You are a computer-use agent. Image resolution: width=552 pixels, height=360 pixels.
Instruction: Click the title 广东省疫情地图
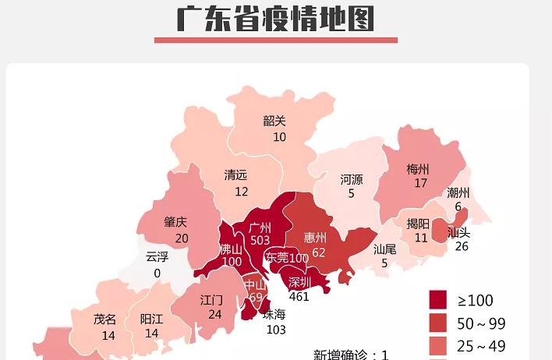[275, 18]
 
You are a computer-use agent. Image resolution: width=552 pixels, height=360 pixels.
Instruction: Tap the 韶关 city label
[274, 121]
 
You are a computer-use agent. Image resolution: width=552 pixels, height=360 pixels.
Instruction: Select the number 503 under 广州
[260, 241]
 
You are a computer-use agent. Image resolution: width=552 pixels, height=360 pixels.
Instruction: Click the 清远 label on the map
[235, 175]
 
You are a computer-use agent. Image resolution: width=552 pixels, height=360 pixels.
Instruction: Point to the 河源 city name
[352, 179]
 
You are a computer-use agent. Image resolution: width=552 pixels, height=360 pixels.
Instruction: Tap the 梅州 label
[418, 168]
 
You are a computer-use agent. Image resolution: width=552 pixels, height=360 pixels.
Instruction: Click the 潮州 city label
[458, 192]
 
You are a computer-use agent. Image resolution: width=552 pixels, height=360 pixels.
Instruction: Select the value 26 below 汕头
[462, 246]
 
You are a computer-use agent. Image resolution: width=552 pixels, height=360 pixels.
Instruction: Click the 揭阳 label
[418, 224]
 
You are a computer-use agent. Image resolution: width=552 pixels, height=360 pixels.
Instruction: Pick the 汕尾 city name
[384, 249]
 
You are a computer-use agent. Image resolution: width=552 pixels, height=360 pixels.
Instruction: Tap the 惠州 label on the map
[315, 237]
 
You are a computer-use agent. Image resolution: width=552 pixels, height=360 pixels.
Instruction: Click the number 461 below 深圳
[299, 296]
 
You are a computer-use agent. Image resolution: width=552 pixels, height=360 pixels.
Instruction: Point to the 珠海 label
[274, 314]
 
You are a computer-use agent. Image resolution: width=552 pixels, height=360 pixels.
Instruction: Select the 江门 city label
[211, 299]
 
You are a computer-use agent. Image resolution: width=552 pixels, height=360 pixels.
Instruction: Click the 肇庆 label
[175, 222]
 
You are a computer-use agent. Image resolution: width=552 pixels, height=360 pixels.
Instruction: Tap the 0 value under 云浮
[157, 274]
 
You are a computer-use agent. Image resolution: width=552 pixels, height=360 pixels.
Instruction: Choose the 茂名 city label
[104, 319]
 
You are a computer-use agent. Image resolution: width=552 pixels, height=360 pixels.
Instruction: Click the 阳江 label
[151, 319]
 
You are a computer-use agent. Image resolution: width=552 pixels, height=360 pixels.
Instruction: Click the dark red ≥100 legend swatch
[438, 300]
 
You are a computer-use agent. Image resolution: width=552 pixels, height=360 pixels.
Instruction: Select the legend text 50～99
[481, 323]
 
